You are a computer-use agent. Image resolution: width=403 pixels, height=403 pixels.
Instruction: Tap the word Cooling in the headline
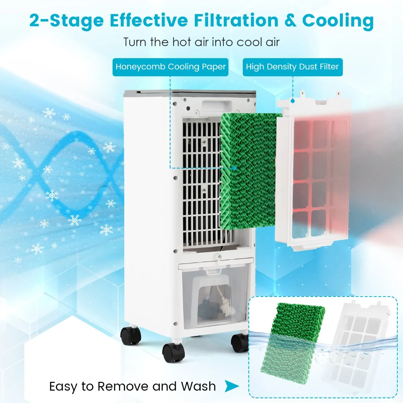pyautogui.click(x=338, y=21)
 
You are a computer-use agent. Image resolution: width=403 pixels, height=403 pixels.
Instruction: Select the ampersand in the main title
pyautogui.click(x=290, y=20)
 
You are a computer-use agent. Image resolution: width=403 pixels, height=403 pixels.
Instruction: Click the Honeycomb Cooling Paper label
pyautogui.click(x=170, y=67)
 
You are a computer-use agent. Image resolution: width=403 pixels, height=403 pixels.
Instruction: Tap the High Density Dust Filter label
pyautogui.click(x=293, y=67)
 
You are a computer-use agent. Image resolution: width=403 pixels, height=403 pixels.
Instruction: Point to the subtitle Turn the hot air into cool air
pyautogui.click(x=201, y=42)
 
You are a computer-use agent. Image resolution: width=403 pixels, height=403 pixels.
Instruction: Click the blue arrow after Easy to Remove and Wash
pyautogui.click(x=231, y=386)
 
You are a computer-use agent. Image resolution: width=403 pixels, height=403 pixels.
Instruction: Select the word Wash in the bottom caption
pyautogui.click(x=198, y=386)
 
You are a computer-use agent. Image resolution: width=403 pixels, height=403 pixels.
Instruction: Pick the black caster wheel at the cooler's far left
pyautogui.click(x=131, y=335)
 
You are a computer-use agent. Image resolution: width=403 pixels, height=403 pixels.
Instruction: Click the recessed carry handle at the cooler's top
pyautogui.click(x=217, y=106)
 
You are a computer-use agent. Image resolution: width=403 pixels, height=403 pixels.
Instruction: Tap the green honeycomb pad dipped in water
pyautogui.click(x=293, y=339)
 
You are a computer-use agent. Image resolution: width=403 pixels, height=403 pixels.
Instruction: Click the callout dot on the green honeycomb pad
pyautogui.click(x=235, y=168)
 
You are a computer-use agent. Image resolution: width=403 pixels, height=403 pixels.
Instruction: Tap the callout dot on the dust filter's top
pyautogui.click(x=293, y=101)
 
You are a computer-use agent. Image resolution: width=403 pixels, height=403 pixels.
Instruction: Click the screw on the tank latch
pyautogui.click(x=219, y=257)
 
